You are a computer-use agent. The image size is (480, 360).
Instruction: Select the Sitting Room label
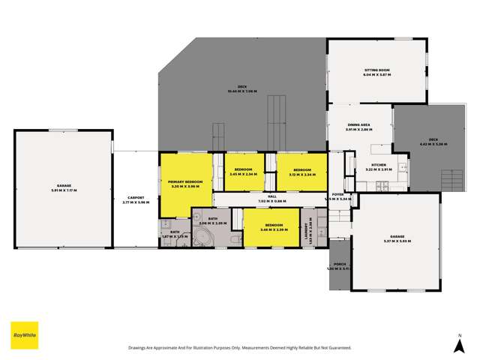(377, 70)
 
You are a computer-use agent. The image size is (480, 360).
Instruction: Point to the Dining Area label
(358, 125)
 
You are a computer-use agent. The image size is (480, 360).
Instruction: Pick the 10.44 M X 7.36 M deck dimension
(242, 91)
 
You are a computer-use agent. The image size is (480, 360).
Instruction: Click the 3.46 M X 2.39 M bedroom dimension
(273, 230)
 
